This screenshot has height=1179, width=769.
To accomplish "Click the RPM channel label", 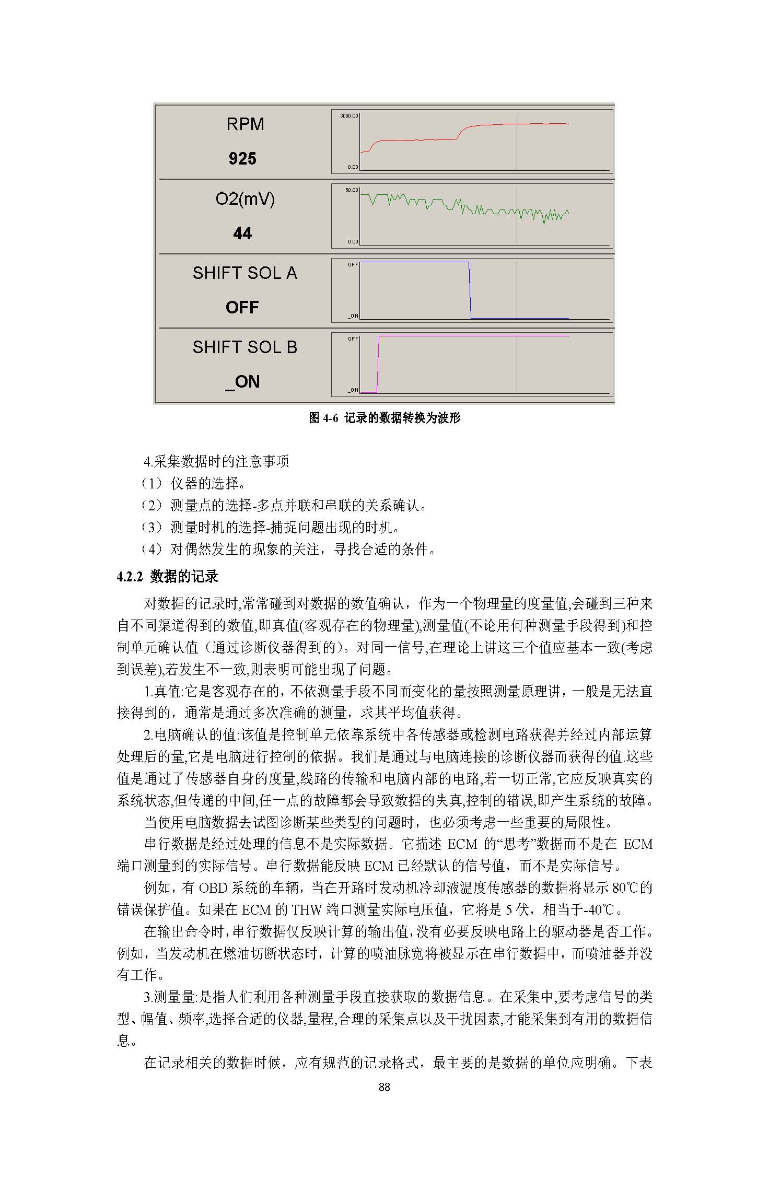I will point(245,124).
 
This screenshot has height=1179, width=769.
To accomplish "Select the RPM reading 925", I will point(242,159).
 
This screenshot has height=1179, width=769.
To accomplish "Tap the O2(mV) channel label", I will point(245,199).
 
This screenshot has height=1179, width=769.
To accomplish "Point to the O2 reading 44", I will point(242,233).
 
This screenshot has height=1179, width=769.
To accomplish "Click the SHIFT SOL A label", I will point(244,273).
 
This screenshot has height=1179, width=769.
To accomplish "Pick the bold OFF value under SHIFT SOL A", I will point(242,307).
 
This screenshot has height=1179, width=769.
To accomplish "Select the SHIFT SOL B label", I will point(244,347).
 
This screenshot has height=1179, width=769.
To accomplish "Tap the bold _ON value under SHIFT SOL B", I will point(242,382).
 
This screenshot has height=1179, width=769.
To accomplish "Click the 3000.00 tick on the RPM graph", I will point(349,116).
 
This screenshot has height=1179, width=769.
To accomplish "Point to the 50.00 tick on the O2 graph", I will point(351,190).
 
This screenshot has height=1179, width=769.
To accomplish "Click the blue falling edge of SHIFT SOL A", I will point(470,290).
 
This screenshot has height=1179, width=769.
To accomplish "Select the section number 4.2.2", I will point(130,577).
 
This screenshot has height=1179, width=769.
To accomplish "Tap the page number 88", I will point(384,1087).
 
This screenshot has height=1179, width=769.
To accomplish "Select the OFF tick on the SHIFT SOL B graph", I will point(353,339).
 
